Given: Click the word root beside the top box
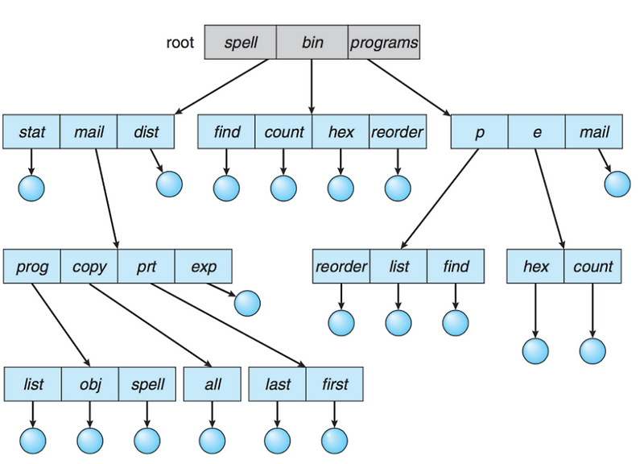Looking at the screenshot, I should (x=180, y=42).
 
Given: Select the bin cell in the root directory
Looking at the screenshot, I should (x=312, y=42).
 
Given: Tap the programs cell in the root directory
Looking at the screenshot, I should (x=384, y=42).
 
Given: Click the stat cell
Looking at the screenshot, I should (x=31, y=132).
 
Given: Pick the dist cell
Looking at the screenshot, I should (x=146, y=132).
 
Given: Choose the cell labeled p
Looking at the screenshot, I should (x=479, y=132).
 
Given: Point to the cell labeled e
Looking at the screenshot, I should (x=536, y=132).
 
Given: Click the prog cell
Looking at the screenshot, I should (x=32, y=267).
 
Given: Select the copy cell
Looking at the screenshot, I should (x=89, y=267).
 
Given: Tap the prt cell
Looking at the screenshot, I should (x=146, y=267).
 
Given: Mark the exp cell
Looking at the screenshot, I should (x=203, y=267).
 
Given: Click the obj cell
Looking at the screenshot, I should (x=89, y=384).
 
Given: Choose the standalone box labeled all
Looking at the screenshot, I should (x=213, y=384).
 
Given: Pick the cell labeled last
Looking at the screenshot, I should (x=278, y=384).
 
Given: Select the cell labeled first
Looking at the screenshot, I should (x=334, y=384).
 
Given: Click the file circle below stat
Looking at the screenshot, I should (x=31, y=188).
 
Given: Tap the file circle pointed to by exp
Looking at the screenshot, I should (x=247, y=303).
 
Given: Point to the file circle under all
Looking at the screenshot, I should (x=213, y=440).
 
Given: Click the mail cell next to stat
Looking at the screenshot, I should (x=89, y=132).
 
